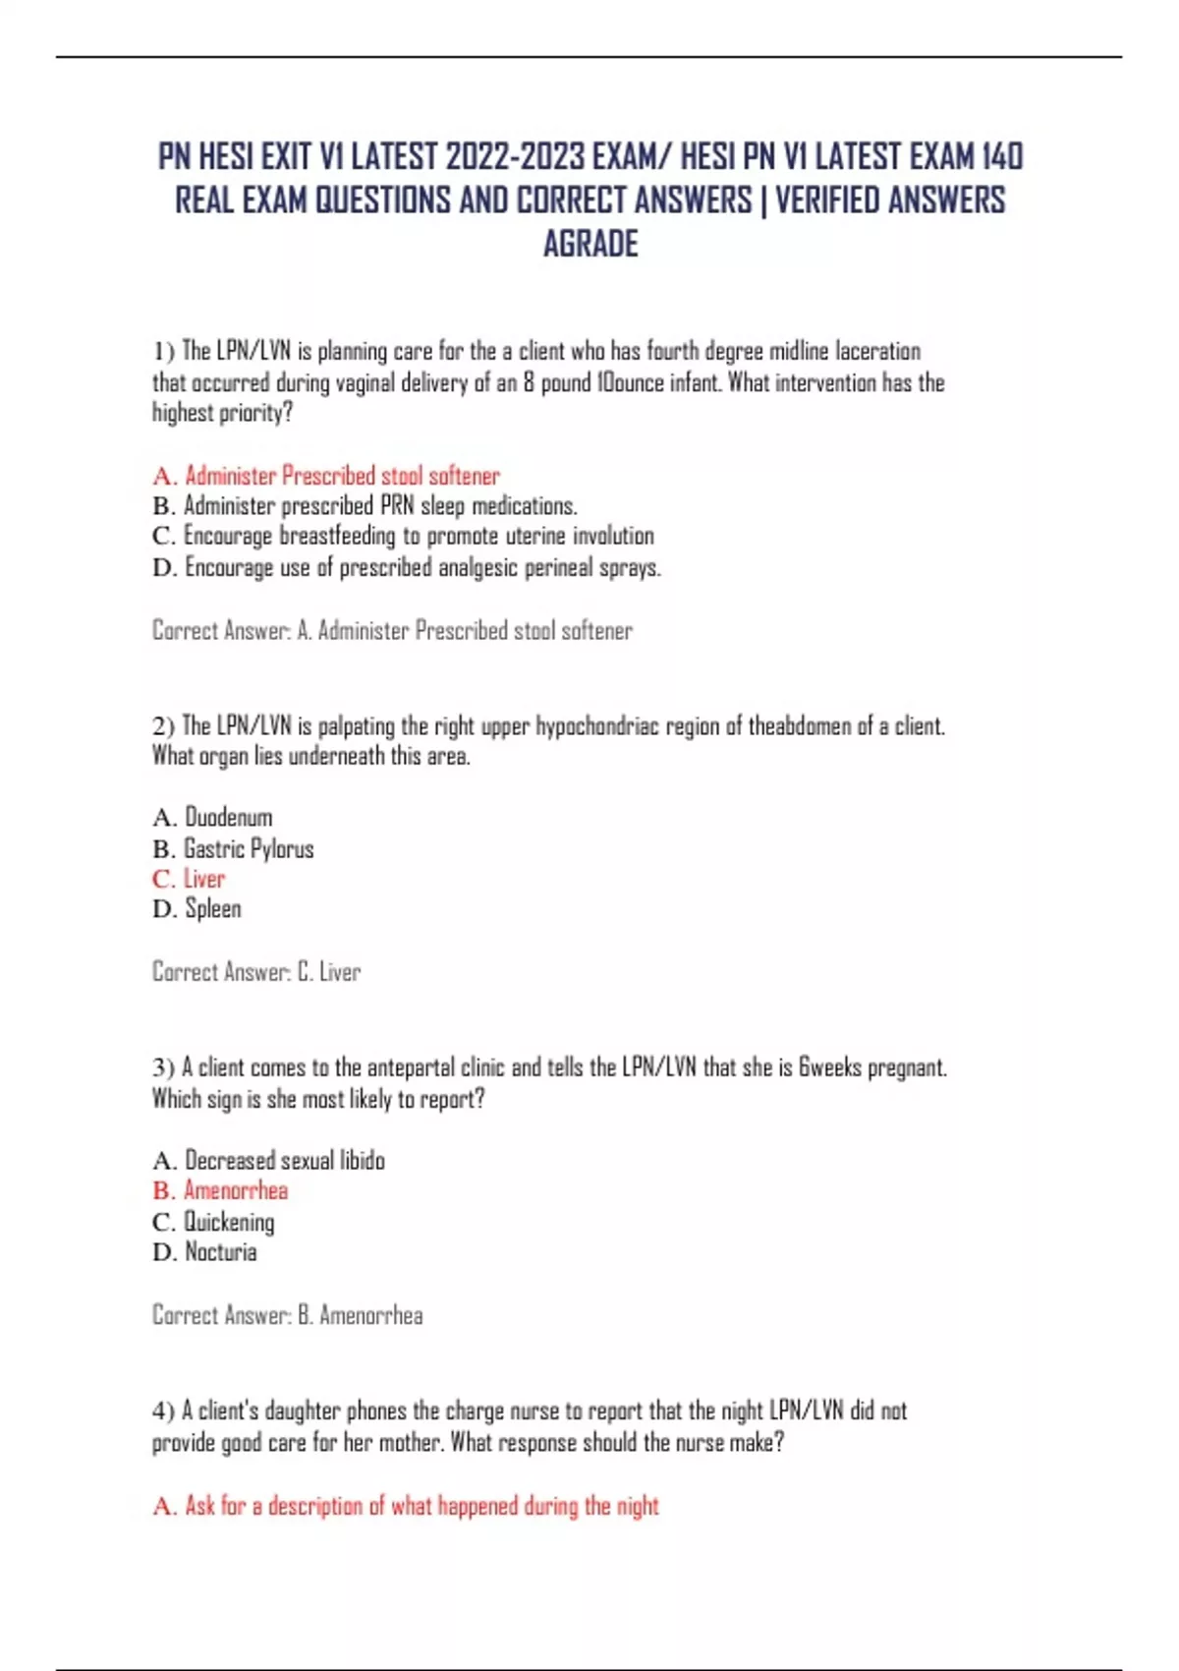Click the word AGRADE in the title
590,244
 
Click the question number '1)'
163,352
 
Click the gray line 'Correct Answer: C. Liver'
256,972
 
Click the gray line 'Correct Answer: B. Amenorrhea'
288,1315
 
